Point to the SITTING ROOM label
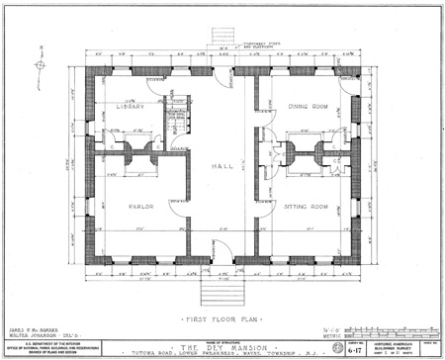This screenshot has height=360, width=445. (x=308, y=207)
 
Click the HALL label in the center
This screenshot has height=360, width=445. (x=222, y=166)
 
